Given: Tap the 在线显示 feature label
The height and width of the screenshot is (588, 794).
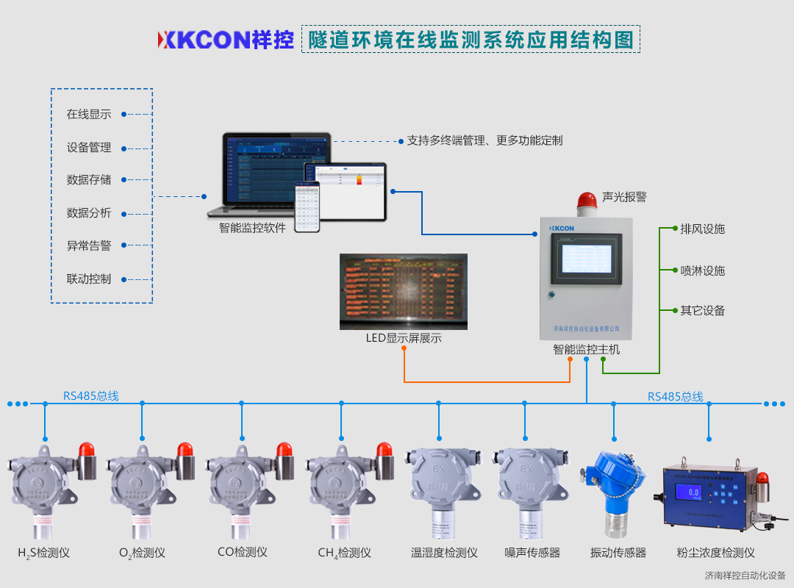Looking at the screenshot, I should point(89,114).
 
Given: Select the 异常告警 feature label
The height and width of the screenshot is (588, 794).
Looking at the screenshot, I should point(89,245).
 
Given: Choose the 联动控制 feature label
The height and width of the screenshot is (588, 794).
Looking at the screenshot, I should point(89,279).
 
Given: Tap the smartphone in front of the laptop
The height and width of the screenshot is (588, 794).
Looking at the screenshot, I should point(307,207).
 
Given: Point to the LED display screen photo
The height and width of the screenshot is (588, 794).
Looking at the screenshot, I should point(404,291).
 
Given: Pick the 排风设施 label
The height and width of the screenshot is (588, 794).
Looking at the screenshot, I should point(702,229).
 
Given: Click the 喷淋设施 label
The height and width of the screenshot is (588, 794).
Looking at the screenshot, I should point(702,270).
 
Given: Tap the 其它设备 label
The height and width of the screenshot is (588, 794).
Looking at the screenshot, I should point(702,310).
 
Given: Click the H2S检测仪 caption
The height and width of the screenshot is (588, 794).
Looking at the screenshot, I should point(43,553).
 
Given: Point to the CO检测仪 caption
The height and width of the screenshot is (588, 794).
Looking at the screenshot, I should point(242,552).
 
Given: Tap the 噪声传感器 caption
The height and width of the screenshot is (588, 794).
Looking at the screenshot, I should point(532,553).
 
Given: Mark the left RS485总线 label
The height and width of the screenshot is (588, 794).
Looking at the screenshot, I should point(90,396).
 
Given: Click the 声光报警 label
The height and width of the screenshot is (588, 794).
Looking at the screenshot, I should point(624,197).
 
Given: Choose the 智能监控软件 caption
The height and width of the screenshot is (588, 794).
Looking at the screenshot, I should point(251,227).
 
